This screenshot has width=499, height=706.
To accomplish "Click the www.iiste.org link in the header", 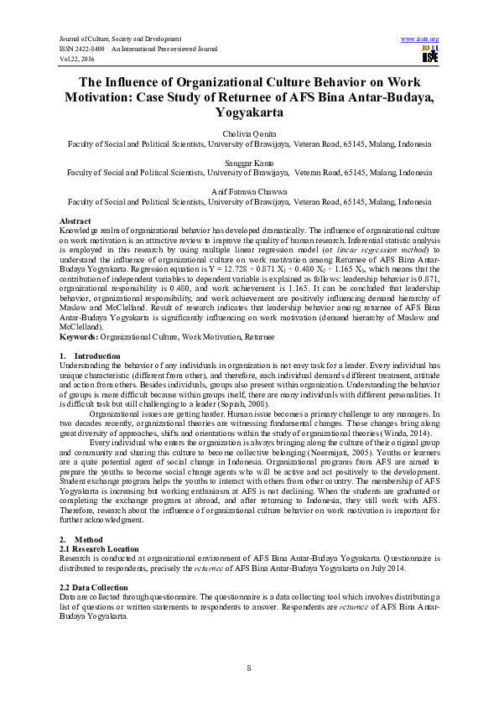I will point(420,39).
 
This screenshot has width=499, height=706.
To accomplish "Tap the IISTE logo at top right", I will point(430,55).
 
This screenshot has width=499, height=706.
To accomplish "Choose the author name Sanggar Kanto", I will point(249,164).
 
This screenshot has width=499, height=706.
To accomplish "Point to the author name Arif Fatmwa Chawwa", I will point(249,193).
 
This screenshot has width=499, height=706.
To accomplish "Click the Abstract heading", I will point(77,221).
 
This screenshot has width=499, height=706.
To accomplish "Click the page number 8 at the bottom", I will point(249,667).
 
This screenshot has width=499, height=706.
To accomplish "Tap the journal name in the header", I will point(121,39).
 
